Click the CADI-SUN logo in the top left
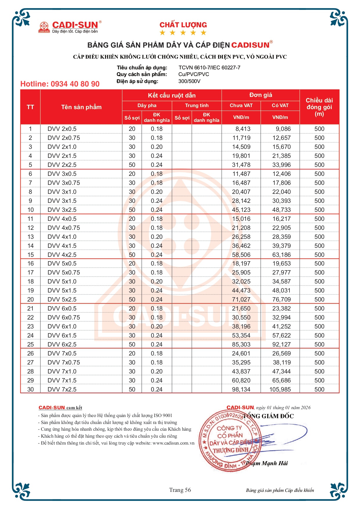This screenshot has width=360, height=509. (70, 27)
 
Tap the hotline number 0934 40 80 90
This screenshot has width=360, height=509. (60, 84)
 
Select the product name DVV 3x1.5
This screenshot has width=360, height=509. (62, 201)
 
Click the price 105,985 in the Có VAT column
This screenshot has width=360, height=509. (280, 389)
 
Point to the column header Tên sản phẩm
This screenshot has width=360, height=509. (81, 107)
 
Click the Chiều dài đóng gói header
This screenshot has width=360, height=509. (319, 107)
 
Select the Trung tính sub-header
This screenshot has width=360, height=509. (197, 105)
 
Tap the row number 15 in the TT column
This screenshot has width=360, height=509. (30, 255)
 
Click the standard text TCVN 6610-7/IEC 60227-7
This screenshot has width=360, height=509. (209, 68)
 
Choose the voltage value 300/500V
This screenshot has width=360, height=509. (189, 81)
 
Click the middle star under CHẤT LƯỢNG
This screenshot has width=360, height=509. (183, 33)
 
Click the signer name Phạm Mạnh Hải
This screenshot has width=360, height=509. (267, 463)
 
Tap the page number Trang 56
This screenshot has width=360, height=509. (180, 490)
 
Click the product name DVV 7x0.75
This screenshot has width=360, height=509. (64, 362)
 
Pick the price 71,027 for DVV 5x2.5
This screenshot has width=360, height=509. (241, 299)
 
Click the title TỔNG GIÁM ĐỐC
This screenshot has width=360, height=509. (268, 416)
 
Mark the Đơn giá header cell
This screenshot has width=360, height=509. (260, 95)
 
